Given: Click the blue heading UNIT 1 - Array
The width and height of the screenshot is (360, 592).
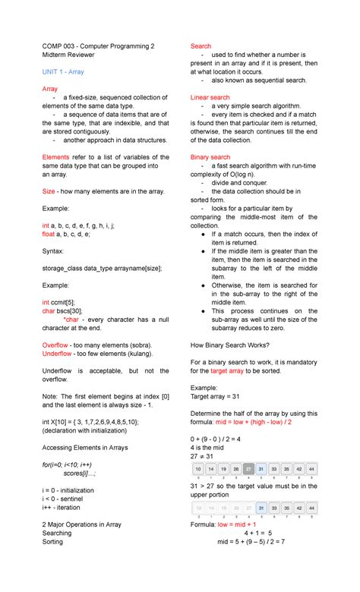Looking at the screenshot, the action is click(63, 72).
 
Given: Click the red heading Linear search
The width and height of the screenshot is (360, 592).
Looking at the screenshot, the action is click(210, 98).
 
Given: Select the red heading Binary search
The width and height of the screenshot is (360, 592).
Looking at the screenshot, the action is click(210, 157).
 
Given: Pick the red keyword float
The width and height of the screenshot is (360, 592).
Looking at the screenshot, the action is click(49, 235).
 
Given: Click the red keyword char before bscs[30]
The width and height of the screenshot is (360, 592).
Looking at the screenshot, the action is click(49, 310).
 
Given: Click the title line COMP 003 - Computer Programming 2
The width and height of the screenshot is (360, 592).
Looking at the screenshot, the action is click(98, 46).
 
